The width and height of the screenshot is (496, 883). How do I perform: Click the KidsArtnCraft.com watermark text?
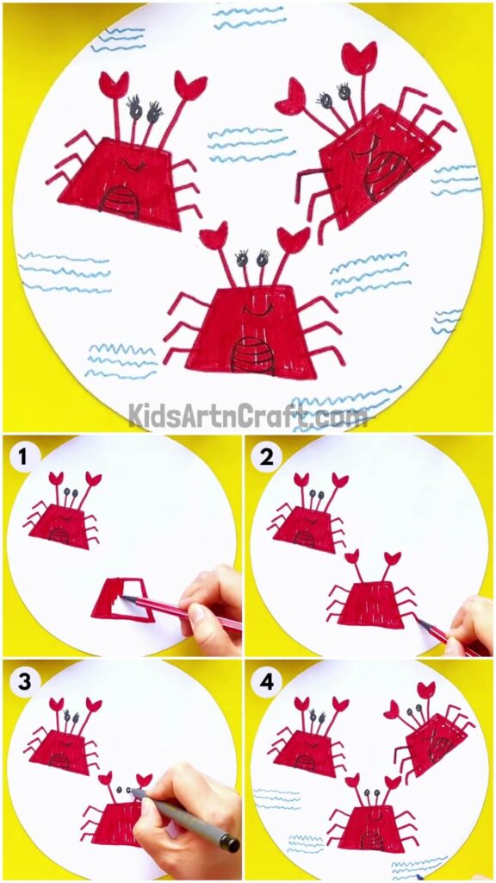tap(248, 416)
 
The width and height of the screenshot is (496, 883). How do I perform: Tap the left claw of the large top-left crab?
tap(114, 84)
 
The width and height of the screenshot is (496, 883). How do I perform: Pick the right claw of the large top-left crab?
tap(189, 85)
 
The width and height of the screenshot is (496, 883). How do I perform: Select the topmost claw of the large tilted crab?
tap(358, 57)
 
